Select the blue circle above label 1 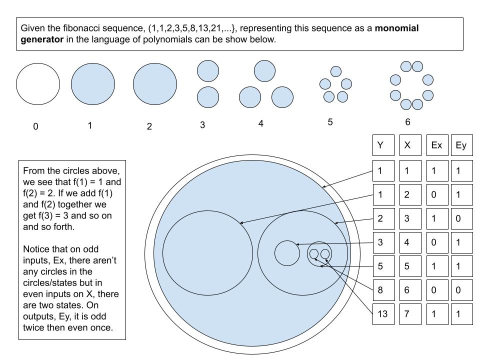[x=93, y=83]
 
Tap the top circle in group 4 [x=264, y=70]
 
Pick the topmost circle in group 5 [x=336, y=71]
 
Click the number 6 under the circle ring [x=408, y=122]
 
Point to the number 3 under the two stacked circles [x=202, y=125]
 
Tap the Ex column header [x=436, y=145]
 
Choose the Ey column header [x=461, y=145]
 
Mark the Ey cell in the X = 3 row [x=461, y=218]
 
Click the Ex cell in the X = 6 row [x=436, y=290]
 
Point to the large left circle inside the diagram [x=207, y=252]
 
